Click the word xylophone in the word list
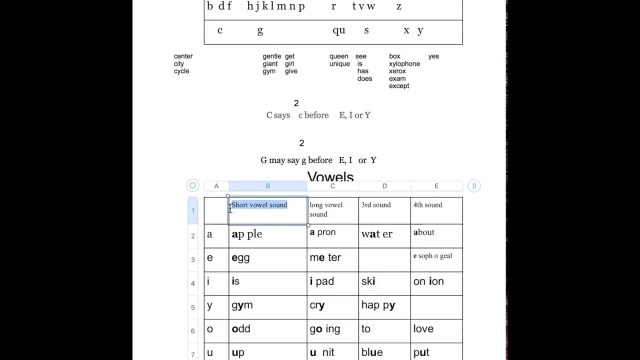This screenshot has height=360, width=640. click(404, 64)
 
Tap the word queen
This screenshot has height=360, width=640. click(338, 56)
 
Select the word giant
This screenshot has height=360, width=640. click(270, 64)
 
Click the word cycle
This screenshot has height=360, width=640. click(181, 71)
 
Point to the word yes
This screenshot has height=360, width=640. click(433, 56)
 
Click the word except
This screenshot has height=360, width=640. click(399, 86)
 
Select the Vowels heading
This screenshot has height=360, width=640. click(330, 177)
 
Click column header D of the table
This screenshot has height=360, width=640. click(384, 186)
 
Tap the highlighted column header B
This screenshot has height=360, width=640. click(267, 186)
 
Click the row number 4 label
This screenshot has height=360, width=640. click(193, 283)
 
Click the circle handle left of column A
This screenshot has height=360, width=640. click(192, 186)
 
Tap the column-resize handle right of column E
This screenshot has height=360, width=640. click(474, 186)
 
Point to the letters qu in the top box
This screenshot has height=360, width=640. click(339, 30)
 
